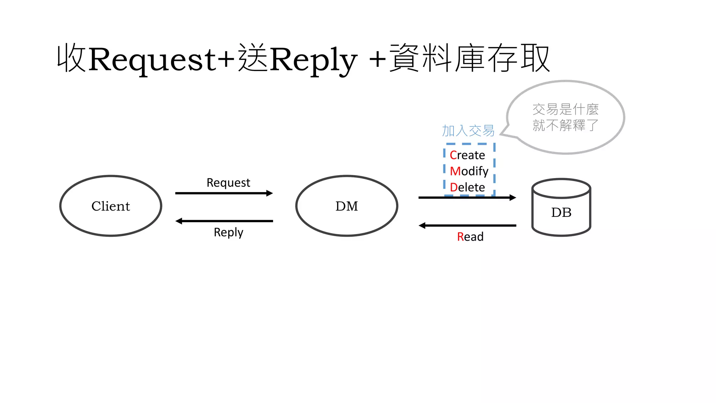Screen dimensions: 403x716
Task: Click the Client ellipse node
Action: coord(110,206)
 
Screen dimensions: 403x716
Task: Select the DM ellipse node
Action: coord(346,206)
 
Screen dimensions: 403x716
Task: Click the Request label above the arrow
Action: coord(228,183)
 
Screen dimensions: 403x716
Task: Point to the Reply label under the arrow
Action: coord(228,232)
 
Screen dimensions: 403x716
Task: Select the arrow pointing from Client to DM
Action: coord(224,193)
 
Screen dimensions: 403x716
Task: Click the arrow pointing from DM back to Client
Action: coord(224,221)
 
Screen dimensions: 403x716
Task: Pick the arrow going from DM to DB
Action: coord(467,198)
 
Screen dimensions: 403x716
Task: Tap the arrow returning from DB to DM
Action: coord(467,226)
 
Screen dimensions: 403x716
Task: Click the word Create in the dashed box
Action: coord(467,155)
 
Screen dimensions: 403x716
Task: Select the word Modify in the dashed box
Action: coord(469,171)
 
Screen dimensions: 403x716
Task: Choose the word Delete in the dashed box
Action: coord(467,187)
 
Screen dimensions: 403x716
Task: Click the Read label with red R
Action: coord(470,237)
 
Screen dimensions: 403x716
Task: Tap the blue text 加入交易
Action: coord(468,131)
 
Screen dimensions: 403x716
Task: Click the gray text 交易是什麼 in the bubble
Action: coord(565,109)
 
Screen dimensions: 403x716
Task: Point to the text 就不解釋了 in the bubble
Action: coord(565,125)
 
